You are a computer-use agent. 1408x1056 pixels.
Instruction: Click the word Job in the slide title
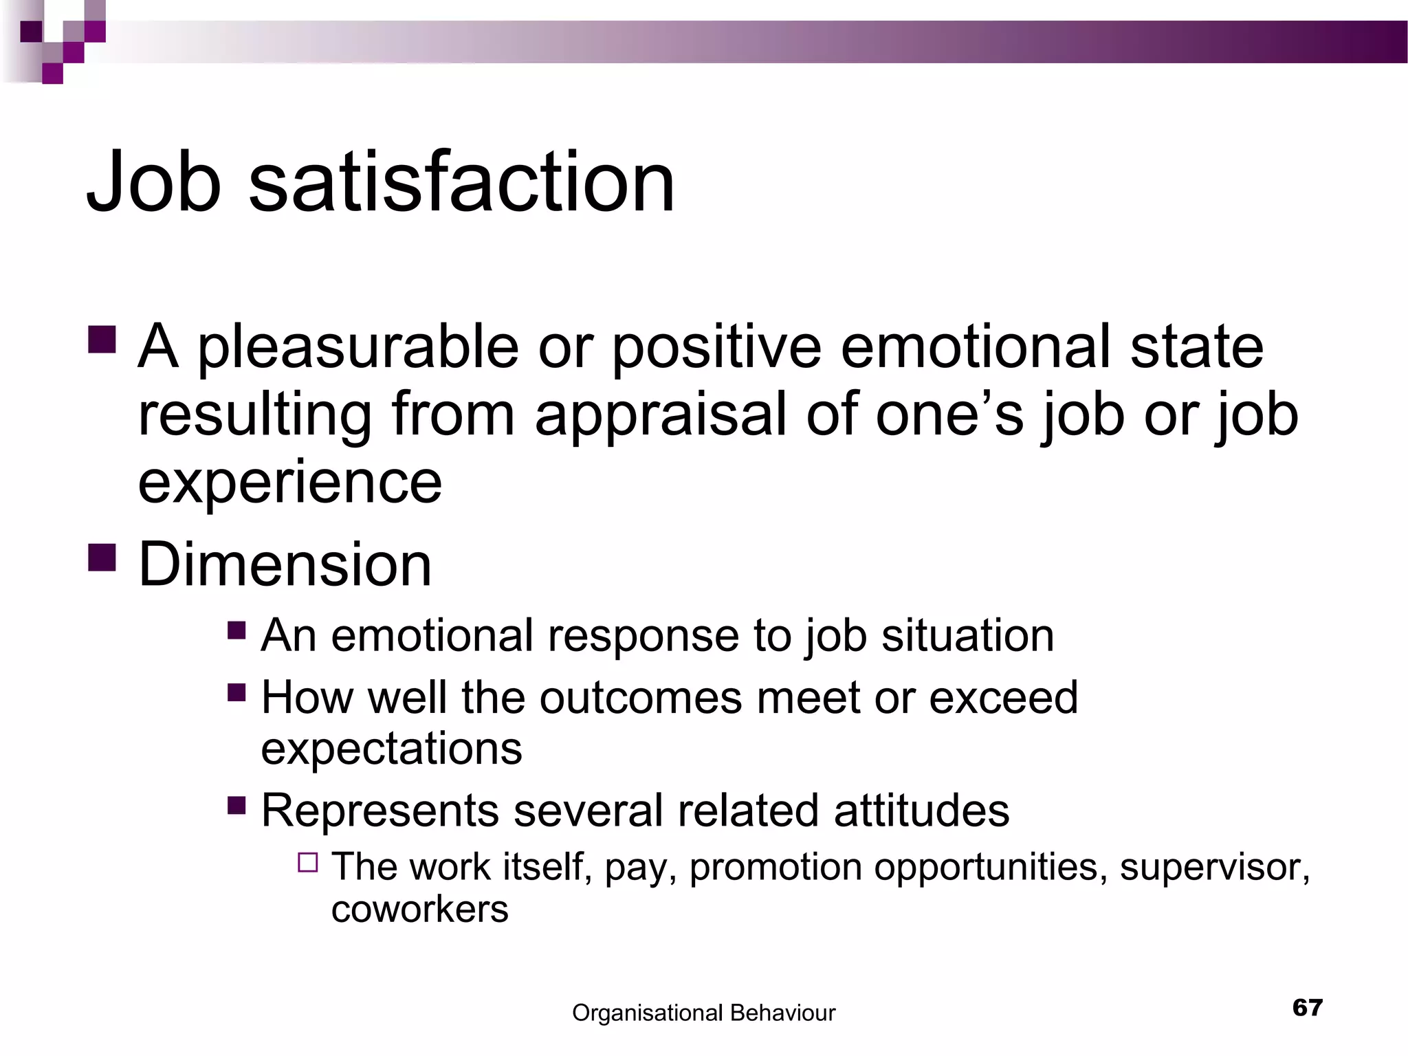tap(154, 183)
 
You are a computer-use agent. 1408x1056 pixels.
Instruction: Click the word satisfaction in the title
tap(461, 183)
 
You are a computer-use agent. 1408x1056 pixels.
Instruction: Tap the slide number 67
tap(1307, 1008)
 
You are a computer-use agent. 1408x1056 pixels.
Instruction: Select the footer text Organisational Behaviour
tap(703, 1013)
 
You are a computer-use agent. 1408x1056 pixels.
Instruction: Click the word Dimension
tap(285, 564)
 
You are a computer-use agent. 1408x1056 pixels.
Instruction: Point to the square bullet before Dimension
tap(102, 558)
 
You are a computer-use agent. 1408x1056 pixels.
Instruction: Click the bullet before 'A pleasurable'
tap(102, 339)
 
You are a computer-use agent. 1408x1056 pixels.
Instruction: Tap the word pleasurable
tap(358, 348)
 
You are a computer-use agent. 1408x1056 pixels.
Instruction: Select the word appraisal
tap(660, 415)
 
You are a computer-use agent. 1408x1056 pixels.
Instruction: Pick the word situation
tap(967, 635)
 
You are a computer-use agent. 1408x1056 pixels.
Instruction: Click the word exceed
tap(1003, 698)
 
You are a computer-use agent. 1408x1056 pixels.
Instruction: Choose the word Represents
tap(379, 811)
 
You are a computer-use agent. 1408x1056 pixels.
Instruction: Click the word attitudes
tap(921, 811)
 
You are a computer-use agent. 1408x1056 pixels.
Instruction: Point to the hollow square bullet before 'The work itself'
tap(308, 862)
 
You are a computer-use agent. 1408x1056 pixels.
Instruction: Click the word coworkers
tap(419, 910)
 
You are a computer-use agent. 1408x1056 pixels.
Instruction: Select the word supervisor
tap(1214, 867)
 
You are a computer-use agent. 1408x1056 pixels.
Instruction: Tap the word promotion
tap(775, 867)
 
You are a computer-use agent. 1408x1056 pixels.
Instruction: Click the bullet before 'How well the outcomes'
tap(236, 692)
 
